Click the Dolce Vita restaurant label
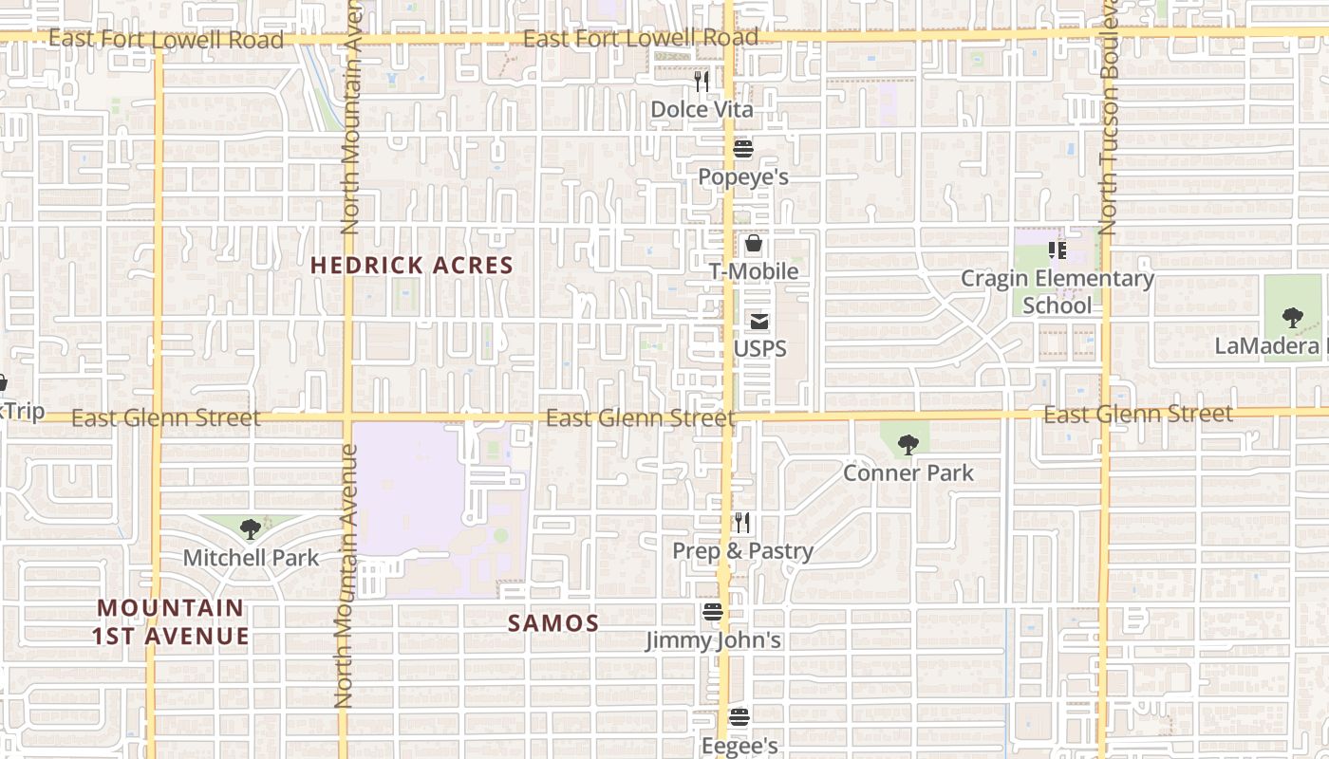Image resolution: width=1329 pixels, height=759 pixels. (x=702, y=110)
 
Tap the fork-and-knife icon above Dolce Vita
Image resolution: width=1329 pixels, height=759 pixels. (x=702, y=82)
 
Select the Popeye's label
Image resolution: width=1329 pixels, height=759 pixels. (x=743, y=177)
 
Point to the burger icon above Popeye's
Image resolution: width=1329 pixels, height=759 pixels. (x=743, y=149)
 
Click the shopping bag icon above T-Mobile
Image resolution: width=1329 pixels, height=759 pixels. (x=754, y=244)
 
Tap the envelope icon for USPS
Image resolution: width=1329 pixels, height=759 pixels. (x=759, y=322)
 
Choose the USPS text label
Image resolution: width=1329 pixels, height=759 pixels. (x=759, y=349)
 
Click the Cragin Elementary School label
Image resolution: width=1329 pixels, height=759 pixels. (x=1058, y=292)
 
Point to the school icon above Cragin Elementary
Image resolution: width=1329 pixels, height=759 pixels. (x=1057, y=250)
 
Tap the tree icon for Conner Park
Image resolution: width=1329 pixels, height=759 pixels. (x=908, y=444)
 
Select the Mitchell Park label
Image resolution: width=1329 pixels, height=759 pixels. (x=251, y=558)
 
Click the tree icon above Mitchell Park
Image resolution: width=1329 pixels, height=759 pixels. (x=251, y=529)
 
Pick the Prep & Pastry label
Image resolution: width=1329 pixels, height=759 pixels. (x=742, y=551)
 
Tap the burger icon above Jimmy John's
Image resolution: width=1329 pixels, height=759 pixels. (x=713, y=613)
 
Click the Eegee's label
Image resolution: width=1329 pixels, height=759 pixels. (x=739, y=746)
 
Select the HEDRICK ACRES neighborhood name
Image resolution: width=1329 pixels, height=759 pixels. (x=412, y=266)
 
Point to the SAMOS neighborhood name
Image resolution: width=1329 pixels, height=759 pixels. (x=552, y=623)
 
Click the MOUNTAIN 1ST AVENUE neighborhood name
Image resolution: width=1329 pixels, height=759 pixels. (x=171, y=621)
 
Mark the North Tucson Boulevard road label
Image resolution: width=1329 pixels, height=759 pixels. (x=1108, y=123)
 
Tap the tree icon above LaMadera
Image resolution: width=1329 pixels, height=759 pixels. (x=1292, y=318)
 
